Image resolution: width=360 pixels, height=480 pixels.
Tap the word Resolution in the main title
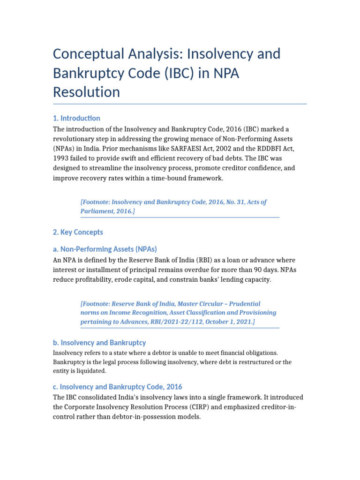tap(86, 92)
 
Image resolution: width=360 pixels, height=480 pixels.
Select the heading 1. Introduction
tap(76, 118)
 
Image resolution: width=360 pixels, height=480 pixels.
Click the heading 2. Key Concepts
tap(78, 232)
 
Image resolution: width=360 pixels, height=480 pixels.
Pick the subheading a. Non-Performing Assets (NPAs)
tap(105, 249)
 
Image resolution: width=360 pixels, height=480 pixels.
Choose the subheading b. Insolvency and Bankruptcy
tap(99, 343)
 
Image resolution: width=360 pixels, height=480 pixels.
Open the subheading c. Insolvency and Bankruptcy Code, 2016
tap(117, 387)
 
